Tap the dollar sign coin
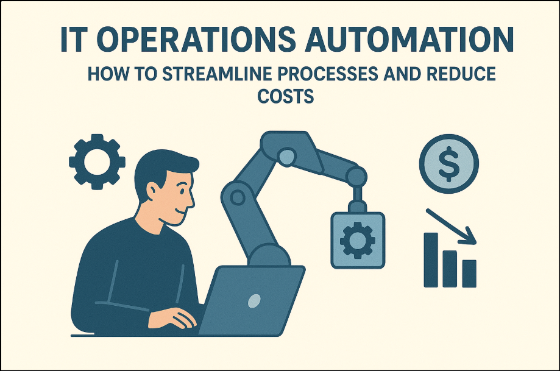coord(448,160)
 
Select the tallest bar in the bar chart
coord(431,259)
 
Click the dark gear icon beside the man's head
coord(97,161)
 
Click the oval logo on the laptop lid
coord(254,300)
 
